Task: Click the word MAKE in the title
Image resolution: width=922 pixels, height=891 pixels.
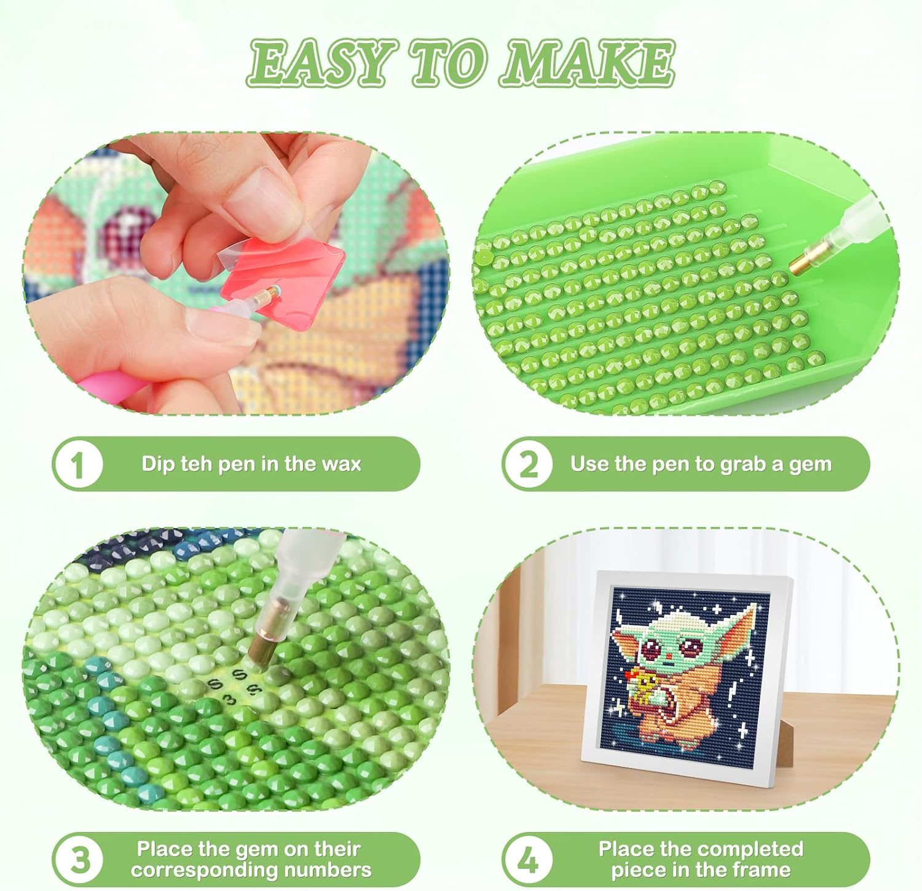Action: point(589,63)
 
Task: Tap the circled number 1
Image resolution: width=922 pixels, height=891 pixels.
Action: point(77,464)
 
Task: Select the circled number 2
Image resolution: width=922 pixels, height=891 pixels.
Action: point(527,464)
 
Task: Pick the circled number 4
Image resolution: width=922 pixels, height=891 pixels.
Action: point(527,859)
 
